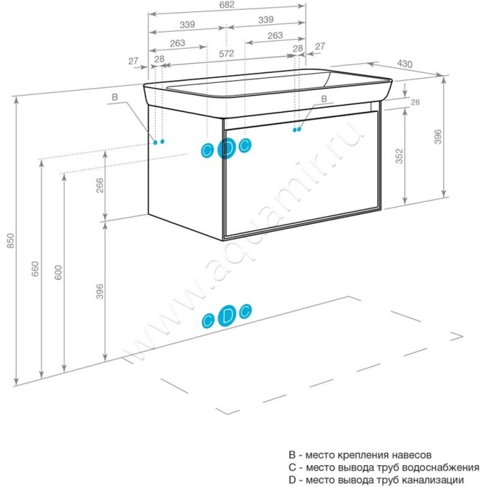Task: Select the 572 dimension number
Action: [x=226, y=54]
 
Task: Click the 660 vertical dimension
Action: [x=35, y=268]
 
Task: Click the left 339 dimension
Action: [x=187, y=25]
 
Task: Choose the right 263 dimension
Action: [x=275, y=36]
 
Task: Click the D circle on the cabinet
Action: [x=226, y=148]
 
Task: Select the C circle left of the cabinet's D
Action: [x=208, y=150]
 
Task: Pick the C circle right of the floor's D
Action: [x=245, y=312]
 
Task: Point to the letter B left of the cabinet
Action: [x=114, y=97]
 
